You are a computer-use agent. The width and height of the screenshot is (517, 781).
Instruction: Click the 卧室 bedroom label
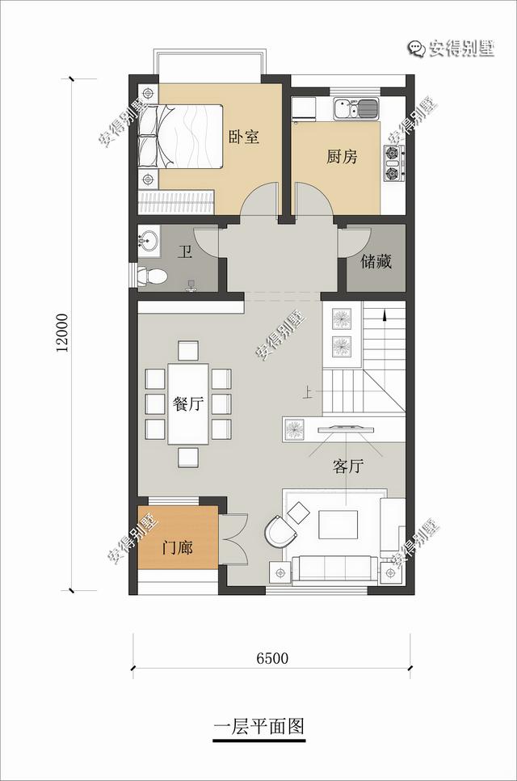click(x=244, y=137)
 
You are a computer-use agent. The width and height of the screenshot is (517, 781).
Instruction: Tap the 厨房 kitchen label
click(x=342, y=156)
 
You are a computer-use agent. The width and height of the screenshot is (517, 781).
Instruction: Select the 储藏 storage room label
click(x=376, y=261)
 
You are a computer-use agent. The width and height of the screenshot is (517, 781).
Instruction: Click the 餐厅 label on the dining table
click(x=188, y=403)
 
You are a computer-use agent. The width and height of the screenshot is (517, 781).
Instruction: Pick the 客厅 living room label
click(x=348, y=466)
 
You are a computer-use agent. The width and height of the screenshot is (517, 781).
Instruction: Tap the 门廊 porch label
click(x=178, y=548)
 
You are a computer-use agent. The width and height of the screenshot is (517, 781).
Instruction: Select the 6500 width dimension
click(x=272, y=658)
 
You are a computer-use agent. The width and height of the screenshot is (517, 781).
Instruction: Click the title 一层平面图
click(x=258, y=726)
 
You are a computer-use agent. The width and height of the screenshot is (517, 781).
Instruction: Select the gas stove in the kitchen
click(x=393, y=163)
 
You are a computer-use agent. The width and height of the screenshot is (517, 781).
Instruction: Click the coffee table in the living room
click(x=338, y=525)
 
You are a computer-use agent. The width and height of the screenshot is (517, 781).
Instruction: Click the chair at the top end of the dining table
click(x=188, y=351)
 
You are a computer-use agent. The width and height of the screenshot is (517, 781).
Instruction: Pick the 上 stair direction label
click(x=308, y=395)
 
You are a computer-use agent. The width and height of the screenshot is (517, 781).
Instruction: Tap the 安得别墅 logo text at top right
click(x=451, y=49)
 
